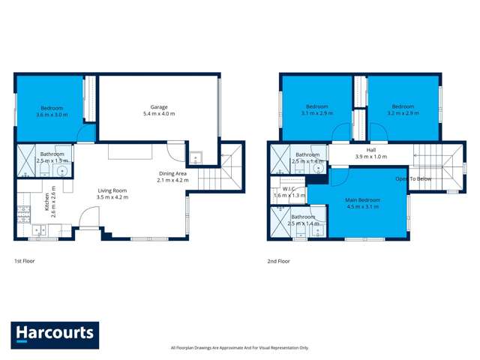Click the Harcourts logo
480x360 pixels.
pos(55,333)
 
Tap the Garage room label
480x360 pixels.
pos(158,106)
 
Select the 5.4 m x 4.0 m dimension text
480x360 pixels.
pos(158,114)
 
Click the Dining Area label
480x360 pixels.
pos(172,173)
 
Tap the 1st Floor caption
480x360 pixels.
pos(25,261)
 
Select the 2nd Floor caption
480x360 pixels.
pos(278,261)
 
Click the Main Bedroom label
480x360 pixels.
pos(362,200)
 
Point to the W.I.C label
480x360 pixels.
pos(288,189)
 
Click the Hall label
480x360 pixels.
pos(370,149)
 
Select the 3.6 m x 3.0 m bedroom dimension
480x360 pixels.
pos(52,115)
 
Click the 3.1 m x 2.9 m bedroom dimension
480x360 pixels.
pos(316,113)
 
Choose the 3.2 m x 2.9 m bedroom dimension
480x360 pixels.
pos(403,113)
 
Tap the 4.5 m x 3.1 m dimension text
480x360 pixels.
pos(362,208)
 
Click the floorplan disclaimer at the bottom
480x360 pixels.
pos(239,348)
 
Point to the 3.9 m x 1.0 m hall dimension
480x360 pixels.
pos(370,157)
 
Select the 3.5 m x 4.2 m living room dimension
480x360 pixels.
pos(112,197)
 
